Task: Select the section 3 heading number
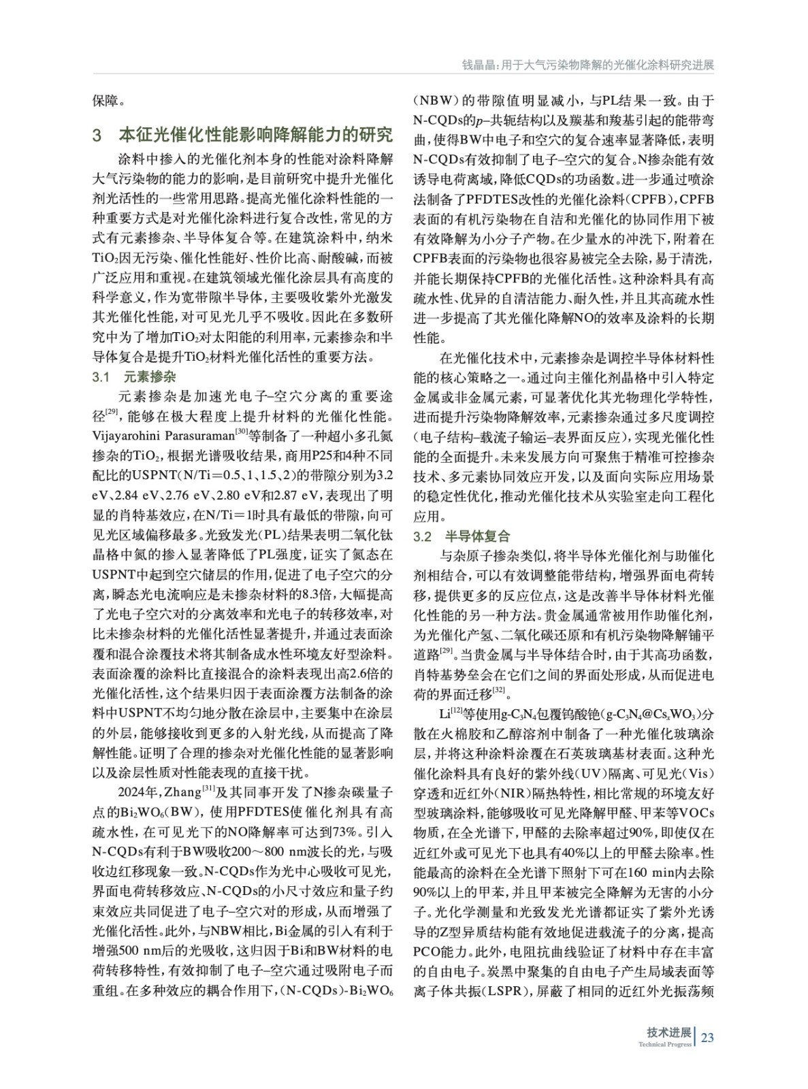97,134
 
